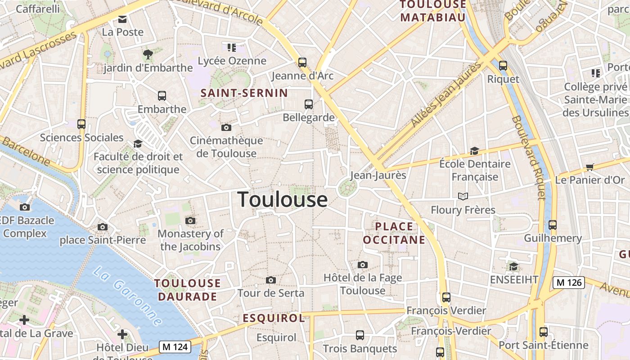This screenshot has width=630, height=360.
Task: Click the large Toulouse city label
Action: [x=282, y=199]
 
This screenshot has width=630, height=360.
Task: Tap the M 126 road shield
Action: [x=568, y=283]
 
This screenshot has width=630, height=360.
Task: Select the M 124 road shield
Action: [x=175, y=347]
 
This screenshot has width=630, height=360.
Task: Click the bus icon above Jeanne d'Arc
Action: [x=302, y=62]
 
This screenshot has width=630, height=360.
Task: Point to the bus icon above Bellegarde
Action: [x=309, y=104]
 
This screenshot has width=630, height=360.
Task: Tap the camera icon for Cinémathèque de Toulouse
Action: [x=226, y=127]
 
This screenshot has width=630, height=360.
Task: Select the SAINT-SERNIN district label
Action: [x=244, y=93]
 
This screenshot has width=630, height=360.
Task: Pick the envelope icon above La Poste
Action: [x=122, y=19]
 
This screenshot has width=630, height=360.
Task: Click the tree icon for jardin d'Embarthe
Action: [x=148, y=54]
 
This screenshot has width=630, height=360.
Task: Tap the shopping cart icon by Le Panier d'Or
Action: [x=589, y=167]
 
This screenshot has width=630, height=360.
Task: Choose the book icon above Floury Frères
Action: [x=463, y=196]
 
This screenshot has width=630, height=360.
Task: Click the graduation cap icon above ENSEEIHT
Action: [x=513, y=266]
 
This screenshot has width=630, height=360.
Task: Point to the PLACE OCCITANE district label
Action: [x=394, y=233]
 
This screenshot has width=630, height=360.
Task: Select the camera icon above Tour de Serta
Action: [x=270, y=280]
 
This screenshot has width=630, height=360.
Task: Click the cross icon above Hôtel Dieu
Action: [x=122, y=334]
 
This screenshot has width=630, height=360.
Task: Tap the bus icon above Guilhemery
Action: [x=553, y=225]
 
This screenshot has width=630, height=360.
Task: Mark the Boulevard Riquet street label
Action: [x=529, y=157]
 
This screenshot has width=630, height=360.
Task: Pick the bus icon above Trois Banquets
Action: [x=360, y=335]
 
